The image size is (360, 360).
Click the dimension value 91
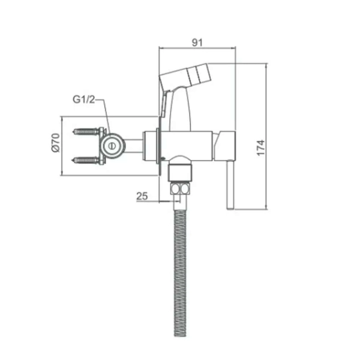point(197,43)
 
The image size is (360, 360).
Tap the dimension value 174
point(261,148)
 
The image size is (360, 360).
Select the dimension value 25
point(142,196)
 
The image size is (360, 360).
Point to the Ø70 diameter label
point(56,143)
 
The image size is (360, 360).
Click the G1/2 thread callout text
point(83,99)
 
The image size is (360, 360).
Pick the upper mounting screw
point(86,131)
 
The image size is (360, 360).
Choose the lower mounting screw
point(86,160)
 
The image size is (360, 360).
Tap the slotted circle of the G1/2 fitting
point(112,146)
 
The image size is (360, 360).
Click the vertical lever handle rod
point(230,184)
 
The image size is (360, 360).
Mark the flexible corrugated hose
point(180,273)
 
